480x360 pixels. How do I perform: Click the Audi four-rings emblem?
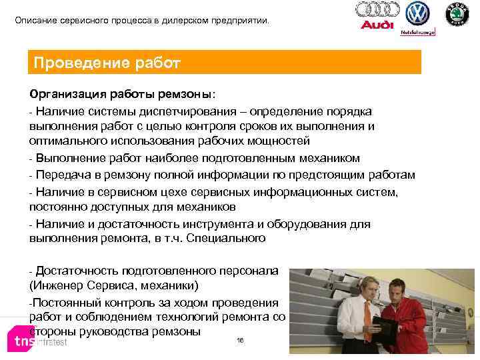pos(377,9)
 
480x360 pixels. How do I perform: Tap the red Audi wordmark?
pos(377,25)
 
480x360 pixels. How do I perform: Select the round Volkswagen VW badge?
pos(418,13)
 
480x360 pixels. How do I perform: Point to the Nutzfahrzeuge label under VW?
pos(417,31)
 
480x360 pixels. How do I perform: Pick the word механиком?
pos(325,158)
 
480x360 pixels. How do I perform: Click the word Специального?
pos(230,238)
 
